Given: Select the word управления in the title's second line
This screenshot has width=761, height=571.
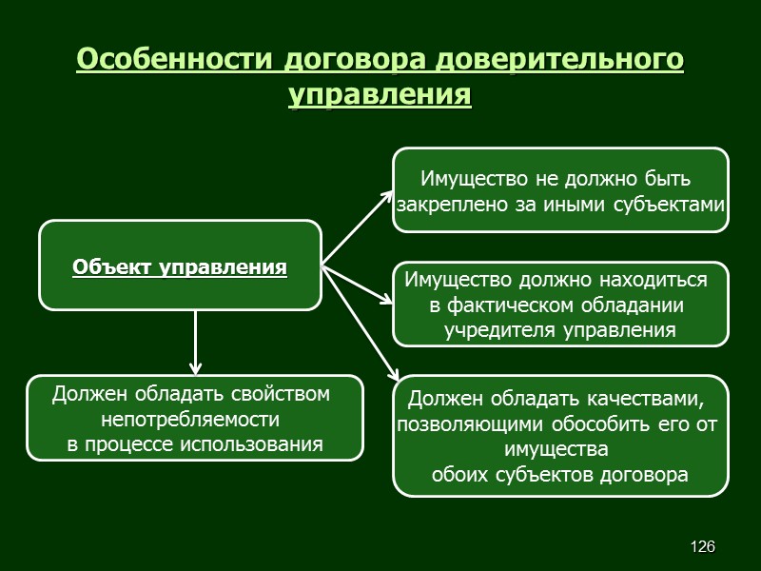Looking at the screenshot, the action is (380, 96).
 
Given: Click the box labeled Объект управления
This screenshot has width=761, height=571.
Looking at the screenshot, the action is (180, 266).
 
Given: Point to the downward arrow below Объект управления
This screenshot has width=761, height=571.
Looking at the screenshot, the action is (196, 342).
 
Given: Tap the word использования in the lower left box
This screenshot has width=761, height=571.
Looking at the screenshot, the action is (260, 444).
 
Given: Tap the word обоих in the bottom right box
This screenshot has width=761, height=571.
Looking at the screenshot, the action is (459, 474).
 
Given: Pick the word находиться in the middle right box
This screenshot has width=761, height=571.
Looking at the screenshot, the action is (660, 280).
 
